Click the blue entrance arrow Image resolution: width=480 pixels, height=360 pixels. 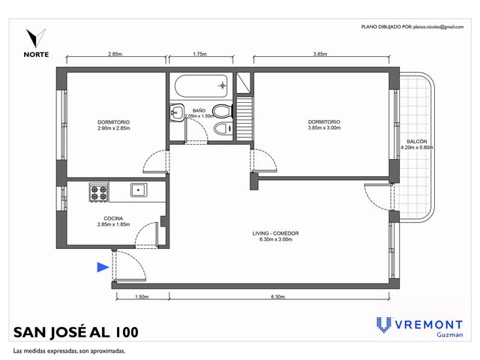coord(103,267)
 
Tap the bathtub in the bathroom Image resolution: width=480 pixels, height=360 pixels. coord(201,86)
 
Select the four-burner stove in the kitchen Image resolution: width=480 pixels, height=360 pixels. coord(98,192)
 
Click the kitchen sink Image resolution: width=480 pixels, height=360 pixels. coord(139,190)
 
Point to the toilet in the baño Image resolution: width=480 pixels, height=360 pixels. coord(223,112)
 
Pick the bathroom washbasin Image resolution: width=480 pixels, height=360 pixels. coord(177,112)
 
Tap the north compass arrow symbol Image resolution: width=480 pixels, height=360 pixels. coord(36,38)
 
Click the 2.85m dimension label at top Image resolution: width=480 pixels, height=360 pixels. coord(115,54)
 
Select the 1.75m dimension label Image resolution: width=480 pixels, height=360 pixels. coord(199,54)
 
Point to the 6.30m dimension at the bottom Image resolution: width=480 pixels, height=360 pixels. coord(277,297)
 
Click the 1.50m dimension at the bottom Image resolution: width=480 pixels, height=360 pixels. coord(142,297)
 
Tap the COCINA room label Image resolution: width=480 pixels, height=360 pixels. coord(113,218)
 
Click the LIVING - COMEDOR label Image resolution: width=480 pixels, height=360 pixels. coord(275,233)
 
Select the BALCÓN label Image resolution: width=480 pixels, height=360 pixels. coord(417,142)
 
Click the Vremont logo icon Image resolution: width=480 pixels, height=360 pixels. coord(383,325)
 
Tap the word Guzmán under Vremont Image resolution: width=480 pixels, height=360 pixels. coord(450,334)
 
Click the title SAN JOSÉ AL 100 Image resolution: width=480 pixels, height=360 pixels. coord(76,332)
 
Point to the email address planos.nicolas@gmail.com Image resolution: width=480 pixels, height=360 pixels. coord(438,27)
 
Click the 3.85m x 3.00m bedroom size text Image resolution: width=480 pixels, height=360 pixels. coord(324,128)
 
